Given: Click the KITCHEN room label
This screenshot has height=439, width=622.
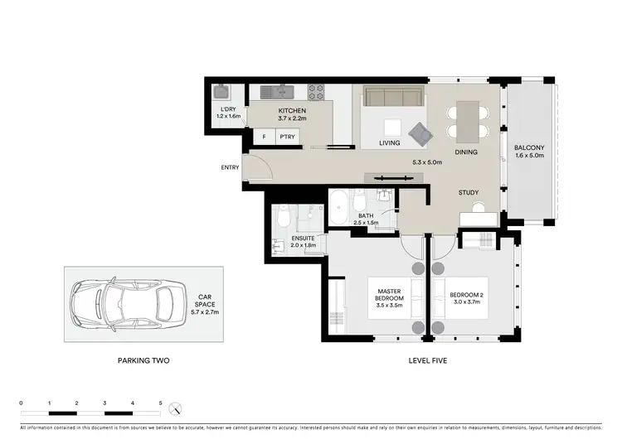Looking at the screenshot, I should click(x=292, y=110).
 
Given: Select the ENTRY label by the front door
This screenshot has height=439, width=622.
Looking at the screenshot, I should click(x=230, y=168).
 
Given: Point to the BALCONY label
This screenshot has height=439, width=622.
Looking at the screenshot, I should click(x=528, y=146).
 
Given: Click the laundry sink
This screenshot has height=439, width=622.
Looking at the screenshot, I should click(x=221, y=92).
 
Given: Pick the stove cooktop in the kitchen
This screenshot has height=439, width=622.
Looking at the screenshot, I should click(x=316, y=92).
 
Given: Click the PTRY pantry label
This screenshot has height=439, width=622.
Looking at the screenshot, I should click(x=288, y=137).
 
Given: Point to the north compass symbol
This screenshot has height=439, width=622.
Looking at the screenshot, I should click(x=175, y=408).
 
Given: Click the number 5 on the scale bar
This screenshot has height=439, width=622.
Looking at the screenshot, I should click(x=160, y=403).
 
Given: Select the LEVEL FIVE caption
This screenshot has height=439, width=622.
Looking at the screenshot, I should click(x=430, y=361).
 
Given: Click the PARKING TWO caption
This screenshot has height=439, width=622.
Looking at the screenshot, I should click(x=143, y=361).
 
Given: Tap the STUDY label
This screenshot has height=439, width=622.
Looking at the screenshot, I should click(x=469, y=193).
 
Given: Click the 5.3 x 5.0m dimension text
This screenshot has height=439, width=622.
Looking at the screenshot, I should click(x=428, y=162).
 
